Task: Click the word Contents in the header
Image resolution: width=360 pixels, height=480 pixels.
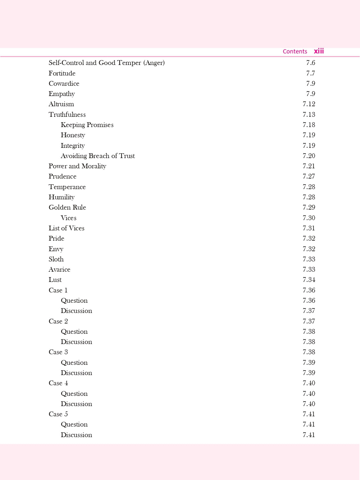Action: pos(295,52)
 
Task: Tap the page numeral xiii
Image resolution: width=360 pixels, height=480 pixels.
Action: pos(319,51)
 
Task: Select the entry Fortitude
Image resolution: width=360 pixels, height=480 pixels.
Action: pos(62,73)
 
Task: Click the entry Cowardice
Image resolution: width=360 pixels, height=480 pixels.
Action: pos(64,84)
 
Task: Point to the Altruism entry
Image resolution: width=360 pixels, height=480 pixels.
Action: pos(61,104)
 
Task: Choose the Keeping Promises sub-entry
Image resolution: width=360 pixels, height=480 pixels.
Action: pos(87,125)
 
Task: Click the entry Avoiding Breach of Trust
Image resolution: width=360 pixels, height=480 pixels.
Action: pos(98,156)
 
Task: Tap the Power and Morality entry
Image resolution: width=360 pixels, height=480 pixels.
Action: pos(77,166)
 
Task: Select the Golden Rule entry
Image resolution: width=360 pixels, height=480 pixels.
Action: pos(67,207)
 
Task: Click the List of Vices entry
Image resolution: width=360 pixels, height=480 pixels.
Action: pos(67,228)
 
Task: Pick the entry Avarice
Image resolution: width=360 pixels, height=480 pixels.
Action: pos(60,269)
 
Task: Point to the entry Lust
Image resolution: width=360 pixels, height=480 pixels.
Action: pos(55,280)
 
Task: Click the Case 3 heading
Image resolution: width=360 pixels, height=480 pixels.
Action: pos(58,352)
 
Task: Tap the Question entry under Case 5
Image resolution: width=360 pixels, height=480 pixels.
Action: pos(74,424)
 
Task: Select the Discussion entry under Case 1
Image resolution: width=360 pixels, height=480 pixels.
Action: pos(76,311)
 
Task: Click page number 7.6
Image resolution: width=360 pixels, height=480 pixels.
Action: pos(310,63)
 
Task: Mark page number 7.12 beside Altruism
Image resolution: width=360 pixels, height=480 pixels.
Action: pos(309,104)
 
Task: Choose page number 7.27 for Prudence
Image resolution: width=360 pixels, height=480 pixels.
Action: pos(309,176)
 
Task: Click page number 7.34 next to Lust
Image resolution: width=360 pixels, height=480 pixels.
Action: pos(309,280)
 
